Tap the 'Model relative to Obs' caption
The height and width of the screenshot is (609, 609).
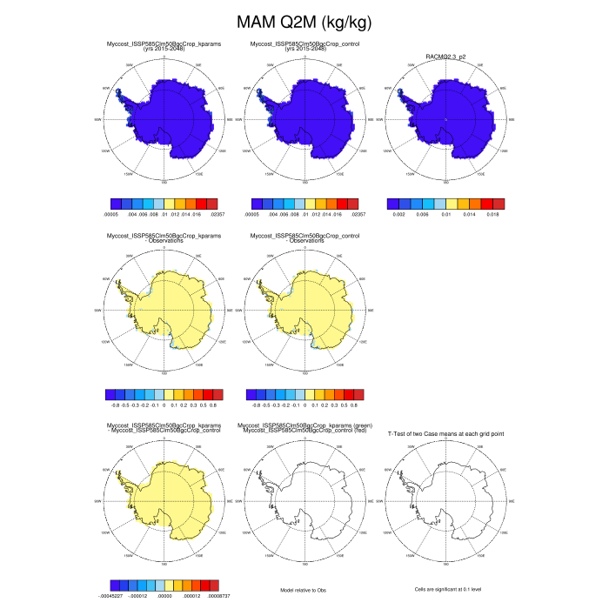click(304, 590)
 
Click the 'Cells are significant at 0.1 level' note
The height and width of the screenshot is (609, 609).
click(445, 590)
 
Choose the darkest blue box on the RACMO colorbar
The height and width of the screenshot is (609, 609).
click(393, 203)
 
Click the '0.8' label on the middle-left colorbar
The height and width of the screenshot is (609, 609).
click(214, 405)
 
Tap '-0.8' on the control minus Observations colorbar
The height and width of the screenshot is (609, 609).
click(257, 405)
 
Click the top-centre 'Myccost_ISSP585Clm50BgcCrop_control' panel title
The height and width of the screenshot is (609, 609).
click(304, 43)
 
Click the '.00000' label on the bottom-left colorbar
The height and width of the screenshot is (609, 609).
click(164, 596)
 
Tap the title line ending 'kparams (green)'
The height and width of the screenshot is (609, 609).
click(304, 426)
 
